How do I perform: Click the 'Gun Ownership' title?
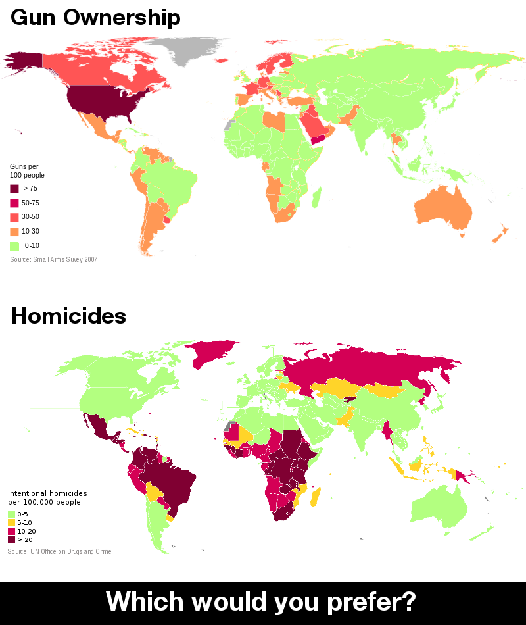click(95, 18)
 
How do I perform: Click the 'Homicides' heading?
click(68, 316)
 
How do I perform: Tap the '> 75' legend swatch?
click(14, 189)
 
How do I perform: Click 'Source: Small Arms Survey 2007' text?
click(53, 260)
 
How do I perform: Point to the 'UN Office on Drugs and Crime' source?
click(59, 551)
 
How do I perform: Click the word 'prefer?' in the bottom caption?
click(375, 601)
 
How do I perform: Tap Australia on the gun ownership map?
click(444, 207)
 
